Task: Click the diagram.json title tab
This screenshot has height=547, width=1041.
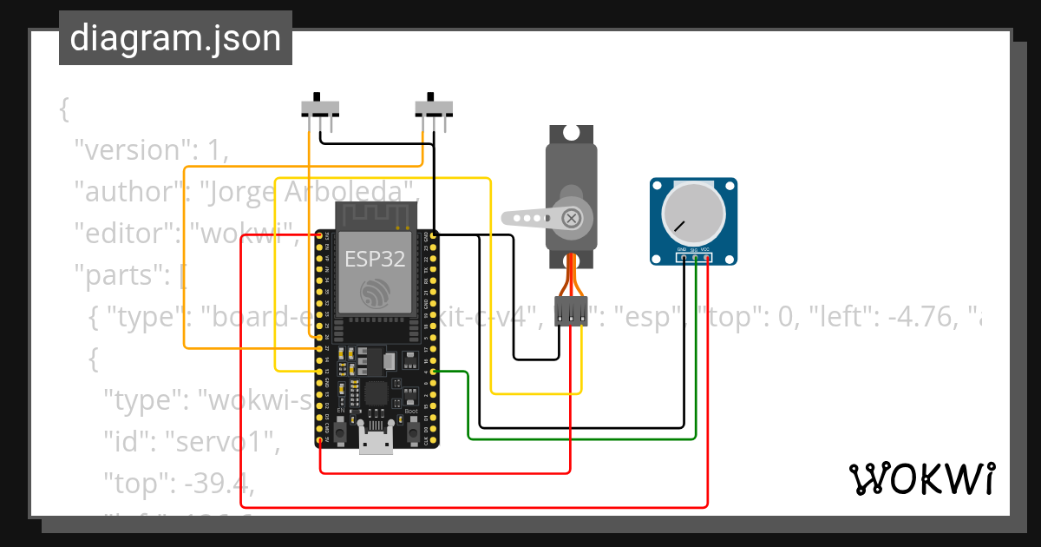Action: [175, 38]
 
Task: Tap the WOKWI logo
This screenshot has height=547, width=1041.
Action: [920, 478]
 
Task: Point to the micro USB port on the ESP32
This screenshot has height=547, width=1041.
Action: [376, 442]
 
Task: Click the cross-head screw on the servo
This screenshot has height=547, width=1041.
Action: [571, 217]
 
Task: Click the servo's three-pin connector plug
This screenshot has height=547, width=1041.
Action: [570, 312]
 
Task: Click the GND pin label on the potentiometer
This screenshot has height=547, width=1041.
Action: [683, 249]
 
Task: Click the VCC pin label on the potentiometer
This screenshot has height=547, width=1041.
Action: [706, 249]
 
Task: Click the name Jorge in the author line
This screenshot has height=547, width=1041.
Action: [239, 192]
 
